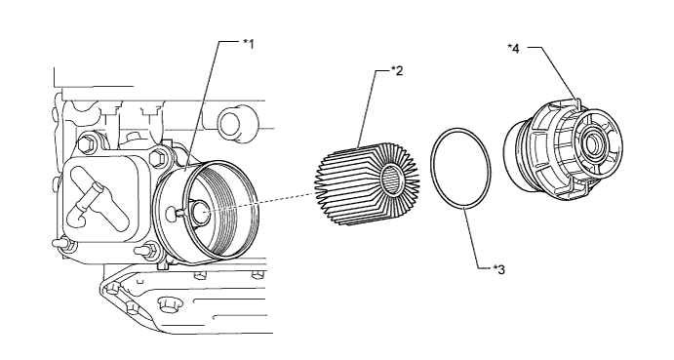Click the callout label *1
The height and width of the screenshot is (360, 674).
[x=249, y=44]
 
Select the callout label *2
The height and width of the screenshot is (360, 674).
[x=397, y=71]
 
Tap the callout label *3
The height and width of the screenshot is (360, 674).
[x=499, y=269]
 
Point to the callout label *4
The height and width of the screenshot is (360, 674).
[x=513, y=48]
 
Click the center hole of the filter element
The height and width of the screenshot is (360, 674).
[x=393, y=179]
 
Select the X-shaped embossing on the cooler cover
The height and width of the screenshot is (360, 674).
[x=98, y=198]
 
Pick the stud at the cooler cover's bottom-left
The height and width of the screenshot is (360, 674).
[x=62, y=243]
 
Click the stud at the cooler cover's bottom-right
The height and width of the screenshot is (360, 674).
[x=145, y=249]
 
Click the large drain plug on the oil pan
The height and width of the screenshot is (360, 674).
[x=168, y=304]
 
